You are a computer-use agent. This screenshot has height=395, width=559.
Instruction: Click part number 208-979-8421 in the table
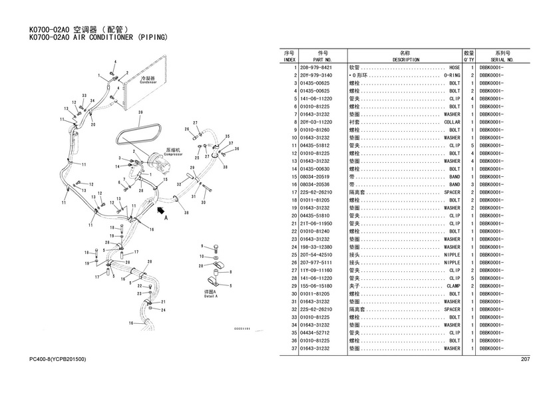click(x=316, y=68)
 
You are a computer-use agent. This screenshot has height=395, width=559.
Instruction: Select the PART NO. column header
click(x=323, y=60)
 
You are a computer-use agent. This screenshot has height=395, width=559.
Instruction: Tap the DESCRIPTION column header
click(x=405, y=60)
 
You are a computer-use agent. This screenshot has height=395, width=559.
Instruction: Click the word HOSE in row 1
click(x=455, y=68)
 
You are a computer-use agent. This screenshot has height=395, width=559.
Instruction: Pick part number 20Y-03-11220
click(x=316, y=122)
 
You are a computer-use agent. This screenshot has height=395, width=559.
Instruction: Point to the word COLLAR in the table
click(x=452, y=122)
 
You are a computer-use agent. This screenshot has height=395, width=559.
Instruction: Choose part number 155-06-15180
click(x=316, y=286)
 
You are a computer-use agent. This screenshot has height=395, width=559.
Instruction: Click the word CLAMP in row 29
click(x=453, y=286)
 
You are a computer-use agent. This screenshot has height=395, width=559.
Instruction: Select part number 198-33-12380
click(x=316, y=247)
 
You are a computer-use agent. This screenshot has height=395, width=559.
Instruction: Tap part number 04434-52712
click(x=316, y=332)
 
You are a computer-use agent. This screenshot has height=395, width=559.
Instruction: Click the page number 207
click(x=525, y=360)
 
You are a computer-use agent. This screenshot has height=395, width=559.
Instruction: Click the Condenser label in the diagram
click(x=147, y=81)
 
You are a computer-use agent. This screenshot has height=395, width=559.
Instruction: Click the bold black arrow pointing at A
click(x=160, y=210)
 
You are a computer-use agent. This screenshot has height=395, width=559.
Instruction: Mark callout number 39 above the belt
click(x=140, y=113)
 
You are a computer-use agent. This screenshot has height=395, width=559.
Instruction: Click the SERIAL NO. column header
click(x=502, y=60)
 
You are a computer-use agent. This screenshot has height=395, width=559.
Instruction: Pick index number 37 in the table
click(x=293, y=348)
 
